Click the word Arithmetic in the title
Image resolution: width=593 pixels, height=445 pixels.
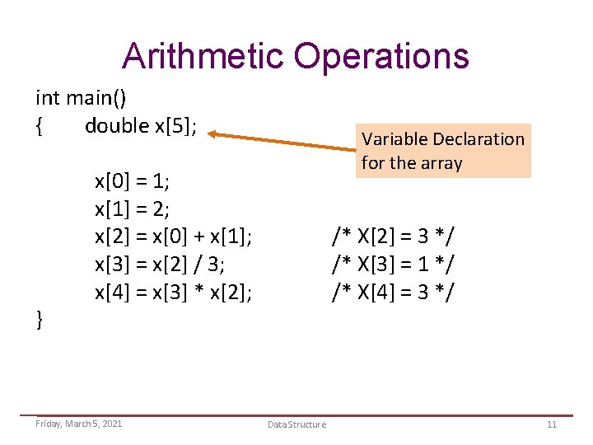click(202, 56)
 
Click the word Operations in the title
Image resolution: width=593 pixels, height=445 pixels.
click(381, 56)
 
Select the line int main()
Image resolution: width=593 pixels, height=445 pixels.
click(81, 99)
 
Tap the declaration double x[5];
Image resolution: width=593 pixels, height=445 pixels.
click(141, 126)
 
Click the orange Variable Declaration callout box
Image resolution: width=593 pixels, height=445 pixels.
click(443, 151)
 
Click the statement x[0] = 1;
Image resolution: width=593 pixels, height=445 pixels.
click(132, 180)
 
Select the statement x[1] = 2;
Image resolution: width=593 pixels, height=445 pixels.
click(132, 208)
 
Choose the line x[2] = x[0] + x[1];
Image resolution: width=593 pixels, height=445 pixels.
click(174, 237)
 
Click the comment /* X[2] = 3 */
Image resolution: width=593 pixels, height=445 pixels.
click(393, 237)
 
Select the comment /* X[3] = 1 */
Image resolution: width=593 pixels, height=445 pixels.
click(393, 265)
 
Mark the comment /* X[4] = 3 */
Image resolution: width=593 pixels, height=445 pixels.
click(393, 293)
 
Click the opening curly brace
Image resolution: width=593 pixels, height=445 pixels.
click(40, 127)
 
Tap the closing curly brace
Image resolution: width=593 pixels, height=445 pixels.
click(40, 320)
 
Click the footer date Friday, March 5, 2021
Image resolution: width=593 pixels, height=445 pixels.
click(79, 423)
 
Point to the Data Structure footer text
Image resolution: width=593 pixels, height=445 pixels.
click(296, 424)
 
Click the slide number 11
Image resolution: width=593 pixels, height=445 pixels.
click(552, 424)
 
